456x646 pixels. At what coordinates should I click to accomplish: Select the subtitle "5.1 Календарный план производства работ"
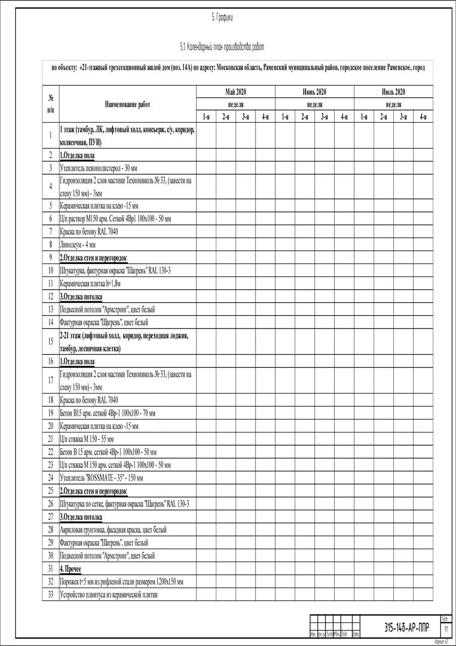[x=222, y=47]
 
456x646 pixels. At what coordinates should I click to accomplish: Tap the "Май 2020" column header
[x=235, y=92]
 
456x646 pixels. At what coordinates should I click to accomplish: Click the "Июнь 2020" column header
[x=314, y=92]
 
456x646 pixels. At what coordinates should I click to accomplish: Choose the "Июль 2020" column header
[x=393, y=92]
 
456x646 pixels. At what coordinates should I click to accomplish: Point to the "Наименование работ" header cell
[x=127, y=104]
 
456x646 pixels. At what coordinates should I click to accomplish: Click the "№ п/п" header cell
[x=50, y=104]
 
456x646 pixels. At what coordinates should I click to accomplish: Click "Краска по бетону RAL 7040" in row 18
[x=89, y=400]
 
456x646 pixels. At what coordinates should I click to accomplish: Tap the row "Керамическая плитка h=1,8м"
[x=90, y=284]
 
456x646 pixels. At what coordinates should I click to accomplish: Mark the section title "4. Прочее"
[x=70, y=569]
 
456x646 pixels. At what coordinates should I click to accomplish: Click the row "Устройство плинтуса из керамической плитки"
[x=109, y=595]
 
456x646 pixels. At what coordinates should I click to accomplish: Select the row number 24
[x=50, y=478]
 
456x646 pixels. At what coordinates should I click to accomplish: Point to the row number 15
[x=50, y=342]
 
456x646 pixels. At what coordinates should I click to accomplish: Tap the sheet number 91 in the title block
[x=446, y=630]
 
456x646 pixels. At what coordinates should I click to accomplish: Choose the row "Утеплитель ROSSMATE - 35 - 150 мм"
[x=101, y=478]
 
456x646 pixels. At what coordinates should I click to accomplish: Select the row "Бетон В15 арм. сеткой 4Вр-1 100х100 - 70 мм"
[x=107, y=413]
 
